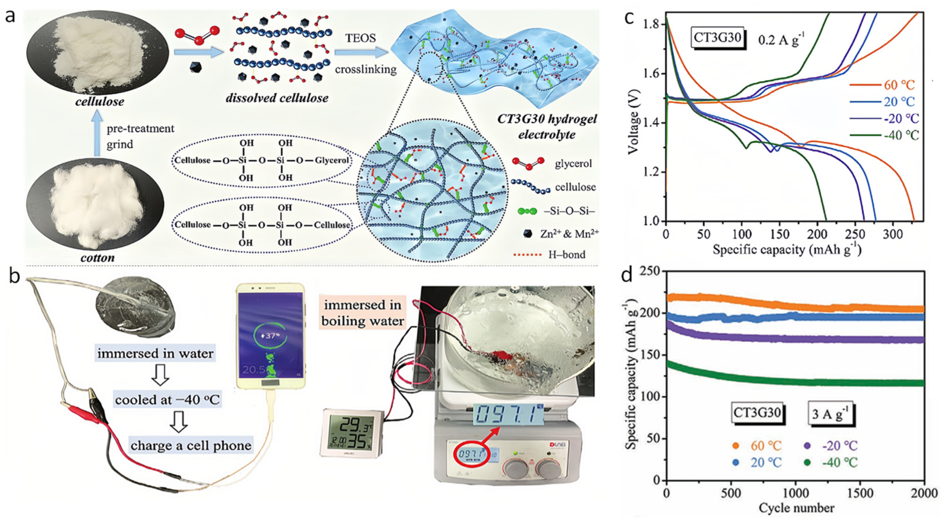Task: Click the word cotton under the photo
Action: click(97, 257)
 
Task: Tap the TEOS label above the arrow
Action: click(360, 38)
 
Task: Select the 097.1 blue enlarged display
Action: click(509, 415)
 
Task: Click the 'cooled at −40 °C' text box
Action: click(168, 400)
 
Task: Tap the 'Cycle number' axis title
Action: click(796, 508)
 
